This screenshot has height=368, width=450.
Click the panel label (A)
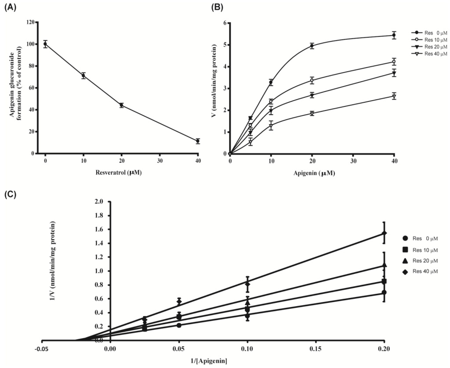(11, 7)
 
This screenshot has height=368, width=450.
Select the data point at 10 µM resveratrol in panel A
(83, 76)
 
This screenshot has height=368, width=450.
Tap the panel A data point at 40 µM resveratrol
(198, 141)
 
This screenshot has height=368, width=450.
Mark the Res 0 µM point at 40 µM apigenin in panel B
(394, 35)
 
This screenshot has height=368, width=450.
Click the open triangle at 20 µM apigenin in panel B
(312, 113)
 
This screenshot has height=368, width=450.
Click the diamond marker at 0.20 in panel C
(384, 233)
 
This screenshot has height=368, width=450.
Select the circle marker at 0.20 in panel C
(384, 292)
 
